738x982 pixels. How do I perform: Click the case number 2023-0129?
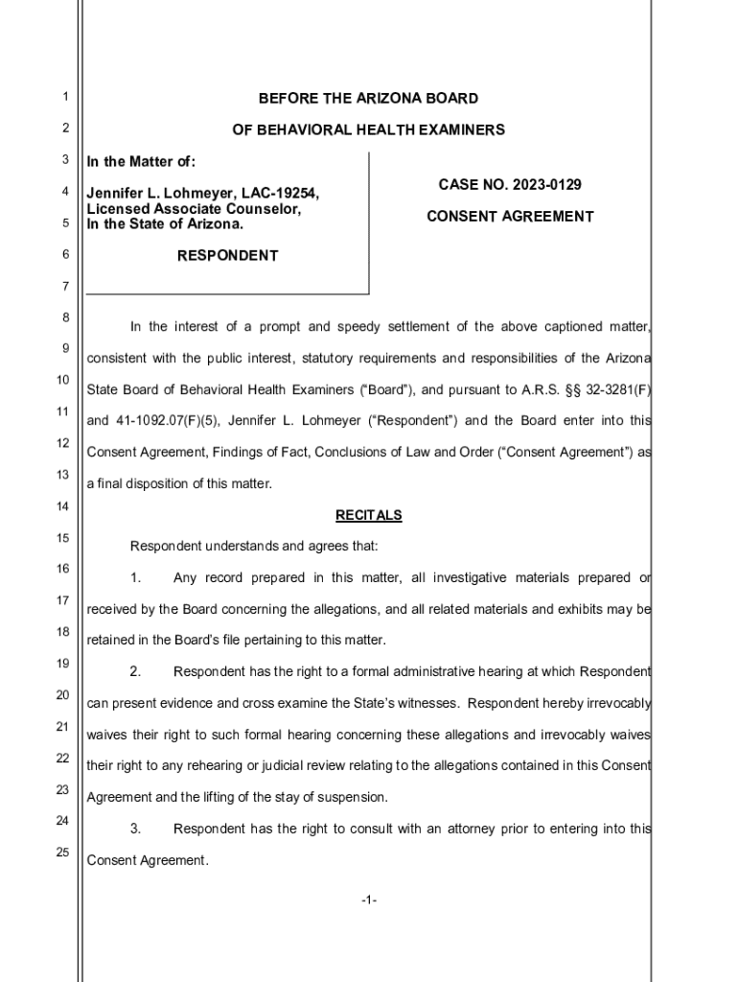point(546,184)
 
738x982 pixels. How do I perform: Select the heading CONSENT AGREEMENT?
point(510,217)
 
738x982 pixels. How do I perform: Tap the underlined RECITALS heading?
point(368,516)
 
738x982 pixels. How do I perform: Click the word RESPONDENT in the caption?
point(228,256)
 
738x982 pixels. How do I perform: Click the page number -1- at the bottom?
point(369,900)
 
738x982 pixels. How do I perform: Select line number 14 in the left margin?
point(62,506)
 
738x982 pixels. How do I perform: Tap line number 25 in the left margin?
point(62,853)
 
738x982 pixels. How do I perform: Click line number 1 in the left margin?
point(63,97)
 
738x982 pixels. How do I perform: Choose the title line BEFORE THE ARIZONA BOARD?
point(368,99)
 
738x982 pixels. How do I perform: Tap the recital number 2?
point(135,671)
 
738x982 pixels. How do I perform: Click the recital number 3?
point(135,829)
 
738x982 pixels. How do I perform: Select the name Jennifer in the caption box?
point(116,194)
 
